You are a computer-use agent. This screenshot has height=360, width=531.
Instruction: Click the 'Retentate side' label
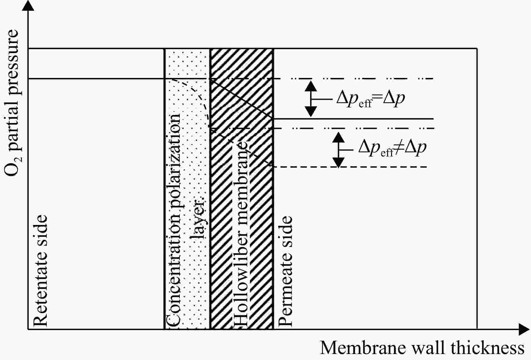[40, 270]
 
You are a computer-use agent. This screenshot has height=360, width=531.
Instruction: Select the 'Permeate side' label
[285, 271]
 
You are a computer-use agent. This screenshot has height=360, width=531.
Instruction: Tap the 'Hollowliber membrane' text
[240, 234]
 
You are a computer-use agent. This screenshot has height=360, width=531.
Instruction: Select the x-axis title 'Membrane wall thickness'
[422, 348]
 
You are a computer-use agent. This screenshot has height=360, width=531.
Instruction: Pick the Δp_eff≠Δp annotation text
[392, 148]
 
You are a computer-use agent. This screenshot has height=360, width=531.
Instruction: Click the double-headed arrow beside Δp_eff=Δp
[311, 99]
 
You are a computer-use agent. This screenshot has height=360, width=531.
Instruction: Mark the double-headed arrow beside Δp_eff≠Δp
[339, 150]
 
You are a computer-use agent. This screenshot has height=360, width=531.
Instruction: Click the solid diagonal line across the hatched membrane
[242, 99]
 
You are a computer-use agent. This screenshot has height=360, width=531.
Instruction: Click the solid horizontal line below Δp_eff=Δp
[353, 119]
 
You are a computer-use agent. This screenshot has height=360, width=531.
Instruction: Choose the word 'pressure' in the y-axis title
[11, 58]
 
